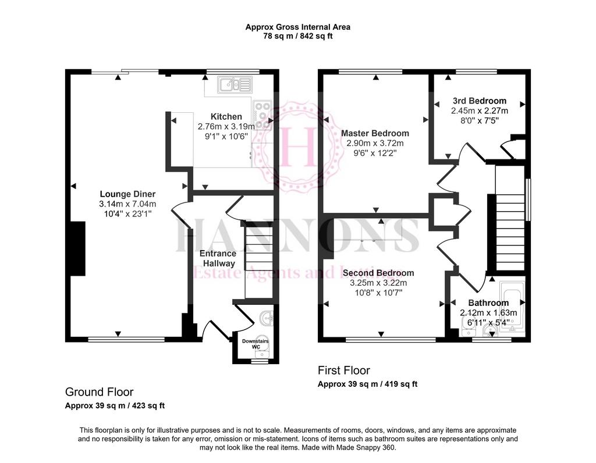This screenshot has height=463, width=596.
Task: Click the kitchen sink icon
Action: tap(235, 85)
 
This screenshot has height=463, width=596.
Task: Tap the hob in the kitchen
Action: tap(262, 115)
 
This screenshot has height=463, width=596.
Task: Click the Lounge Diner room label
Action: tap(127, 194)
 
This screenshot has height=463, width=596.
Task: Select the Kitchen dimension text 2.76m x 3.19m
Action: tap(226, 126)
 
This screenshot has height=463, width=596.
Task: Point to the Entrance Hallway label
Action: tap(218, 258)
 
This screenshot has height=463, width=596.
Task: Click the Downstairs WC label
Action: tap(256, 344)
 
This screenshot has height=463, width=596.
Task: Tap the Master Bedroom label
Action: tap(375, 133)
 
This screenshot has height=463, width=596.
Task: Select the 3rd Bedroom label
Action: tap(480, 101)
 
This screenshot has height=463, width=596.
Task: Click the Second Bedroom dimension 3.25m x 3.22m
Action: tap(378, 283)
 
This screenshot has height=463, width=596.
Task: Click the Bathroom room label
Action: tap(488, 302)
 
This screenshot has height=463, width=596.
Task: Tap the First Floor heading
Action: tap(344, 371)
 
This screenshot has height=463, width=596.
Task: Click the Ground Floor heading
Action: tap(99, 392)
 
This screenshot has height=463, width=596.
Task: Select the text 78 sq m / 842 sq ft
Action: tap(298, 37)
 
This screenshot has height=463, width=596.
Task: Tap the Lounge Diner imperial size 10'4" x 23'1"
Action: tap(127, 214)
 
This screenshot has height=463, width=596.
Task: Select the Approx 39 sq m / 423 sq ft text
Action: tap(115, 405)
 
